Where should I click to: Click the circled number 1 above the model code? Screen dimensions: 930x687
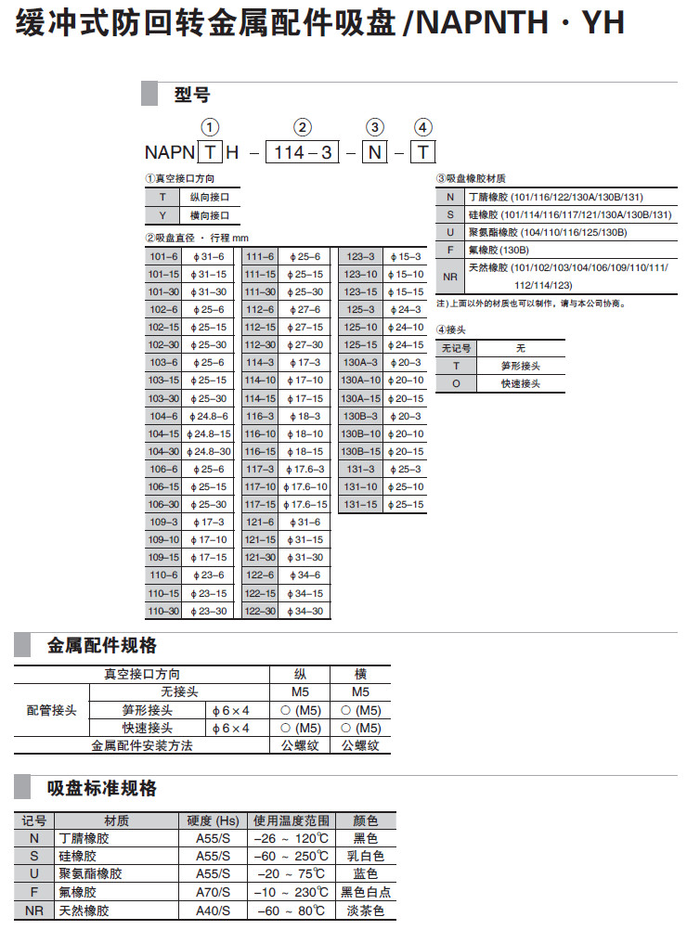211,128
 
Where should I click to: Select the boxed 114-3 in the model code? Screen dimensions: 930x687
302,152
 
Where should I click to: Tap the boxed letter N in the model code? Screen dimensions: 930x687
374,152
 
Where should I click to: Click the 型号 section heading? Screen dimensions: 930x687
192,95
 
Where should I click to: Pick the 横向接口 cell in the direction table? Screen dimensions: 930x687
208,215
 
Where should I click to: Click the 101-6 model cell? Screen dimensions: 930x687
163,256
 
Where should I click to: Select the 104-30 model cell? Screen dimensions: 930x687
163,451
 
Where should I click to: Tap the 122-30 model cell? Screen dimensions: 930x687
261,611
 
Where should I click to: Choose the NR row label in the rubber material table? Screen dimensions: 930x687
449,276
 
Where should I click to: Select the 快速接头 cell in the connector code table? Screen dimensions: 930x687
520,383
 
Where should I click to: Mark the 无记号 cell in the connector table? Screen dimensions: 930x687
456,348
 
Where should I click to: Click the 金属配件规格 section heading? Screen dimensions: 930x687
102,646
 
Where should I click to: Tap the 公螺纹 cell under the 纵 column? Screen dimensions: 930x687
300,745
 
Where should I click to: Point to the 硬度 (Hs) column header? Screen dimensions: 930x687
213,820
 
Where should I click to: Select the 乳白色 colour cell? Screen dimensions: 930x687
366,856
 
